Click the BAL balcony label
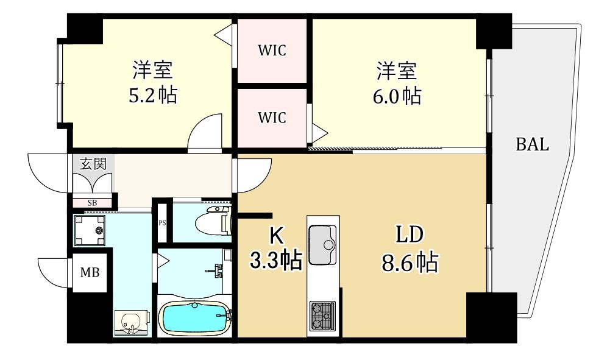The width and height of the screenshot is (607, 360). pos(532,144)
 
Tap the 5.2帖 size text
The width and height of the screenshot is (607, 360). pos(153,95)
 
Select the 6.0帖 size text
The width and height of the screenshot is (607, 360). pos(397,96)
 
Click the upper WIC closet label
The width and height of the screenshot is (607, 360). pos(272,51)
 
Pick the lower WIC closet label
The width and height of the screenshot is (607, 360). pos(272,118)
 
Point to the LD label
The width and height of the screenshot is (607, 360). pos(410,234)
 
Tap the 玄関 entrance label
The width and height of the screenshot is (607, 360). pos(93,164)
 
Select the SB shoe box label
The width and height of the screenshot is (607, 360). pos(92,202)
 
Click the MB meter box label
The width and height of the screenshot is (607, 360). pos(90,272)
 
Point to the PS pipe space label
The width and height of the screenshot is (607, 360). pos(162,223)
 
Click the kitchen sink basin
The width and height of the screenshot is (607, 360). pos(322,245)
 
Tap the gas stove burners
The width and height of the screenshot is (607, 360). pos(322,315)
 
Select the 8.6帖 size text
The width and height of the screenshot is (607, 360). pos(410,263)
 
